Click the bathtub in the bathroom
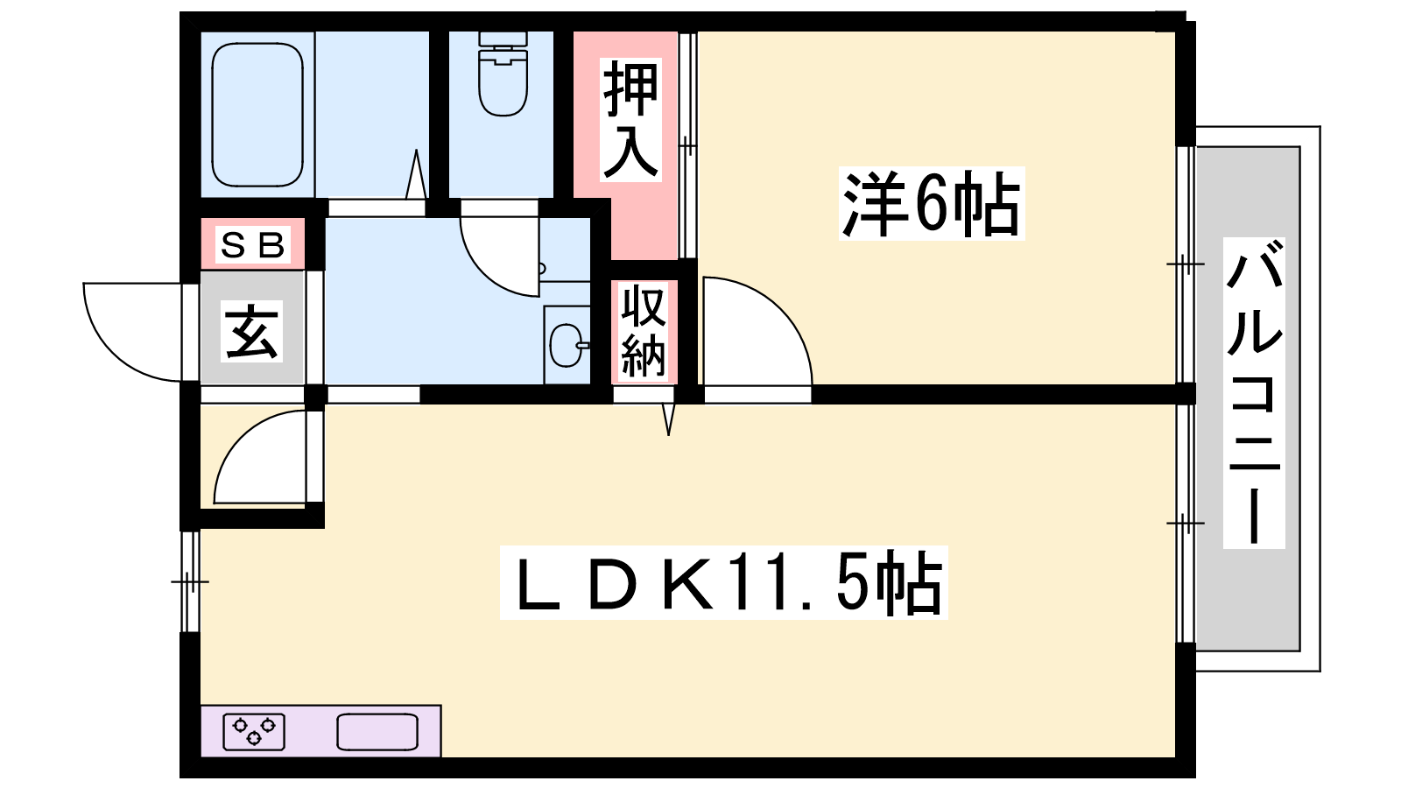coord(257,114)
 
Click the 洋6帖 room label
coord(931,203)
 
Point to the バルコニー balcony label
coord(1254,394)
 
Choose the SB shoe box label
coord(252,245)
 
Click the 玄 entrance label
coord(252,331)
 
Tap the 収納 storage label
coord(644,332)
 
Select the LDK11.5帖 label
coord(725,583)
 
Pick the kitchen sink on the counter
coord(377,732)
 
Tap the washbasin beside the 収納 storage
coord(566,345)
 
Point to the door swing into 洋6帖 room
coord(753,333)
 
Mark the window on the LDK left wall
coord(189,580)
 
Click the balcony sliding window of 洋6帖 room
coord(1185,263)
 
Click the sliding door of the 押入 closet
coord(687,145)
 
